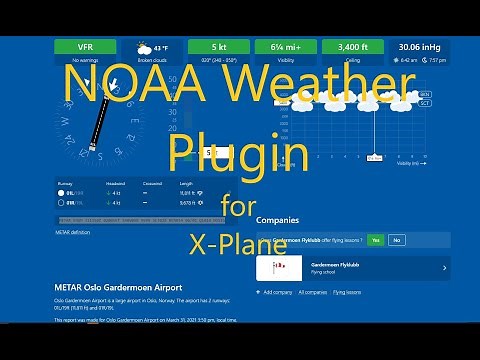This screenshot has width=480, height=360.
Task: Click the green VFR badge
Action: click(84, 46)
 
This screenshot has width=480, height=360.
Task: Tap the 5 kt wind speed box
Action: click(218, 46)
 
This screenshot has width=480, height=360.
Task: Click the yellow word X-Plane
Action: click(239, 242)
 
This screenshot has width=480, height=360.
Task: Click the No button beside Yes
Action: click(396, 240)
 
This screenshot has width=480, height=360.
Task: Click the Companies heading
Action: click(277, 219)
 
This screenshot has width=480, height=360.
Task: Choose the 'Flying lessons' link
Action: click(346, 292)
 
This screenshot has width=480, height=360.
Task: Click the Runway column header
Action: click(66, 182)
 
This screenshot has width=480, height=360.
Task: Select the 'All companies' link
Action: click(311, 292)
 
